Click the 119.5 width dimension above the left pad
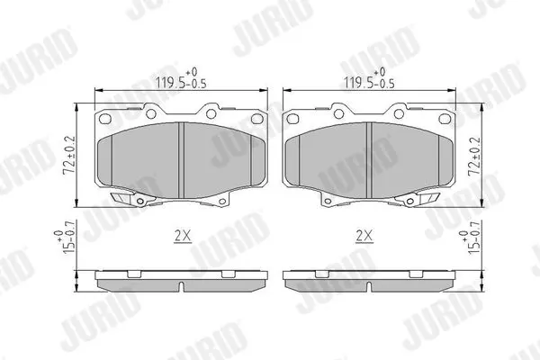click(181, 78)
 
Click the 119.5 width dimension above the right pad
click(369, 78)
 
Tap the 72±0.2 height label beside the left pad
click(69, 155)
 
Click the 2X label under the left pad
click(183, 237)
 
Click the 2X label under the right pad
click(364, 237)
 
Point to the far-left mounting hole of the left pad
click(105, 119)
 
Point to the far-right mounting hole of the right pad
click(445, 119)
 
